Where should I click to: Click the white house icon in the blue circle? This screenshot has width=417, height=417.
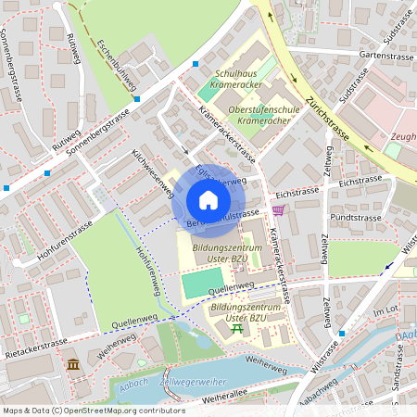pos(208,200)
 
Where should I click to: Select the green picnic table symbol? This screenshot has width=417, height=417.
pos(237,329)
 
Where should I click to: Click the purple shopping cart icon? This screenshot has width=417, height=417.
pos(278,211)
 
